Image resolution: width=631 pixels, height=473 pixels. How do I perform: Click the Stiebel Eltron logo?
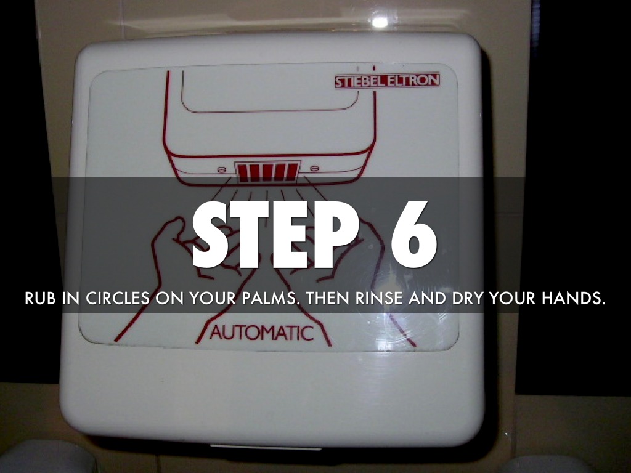point(387,81)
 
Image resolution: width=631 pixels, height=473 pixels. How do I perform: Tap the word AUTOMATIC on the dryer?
point(261,333)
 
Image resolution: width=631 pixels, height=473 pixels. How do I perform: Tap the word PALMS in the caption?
point(271,299)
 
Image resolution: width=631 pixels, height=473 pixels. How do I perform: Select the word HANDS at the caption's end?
point(571,299)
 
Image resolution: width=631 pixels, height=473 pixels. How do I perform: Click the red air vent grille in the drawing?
point(267,171)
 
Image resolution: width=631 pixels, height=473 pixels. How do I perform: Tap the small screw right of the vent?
point(314,168)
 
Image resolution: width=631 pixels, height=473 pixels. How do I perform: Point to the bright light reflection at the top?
point(379,22)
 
